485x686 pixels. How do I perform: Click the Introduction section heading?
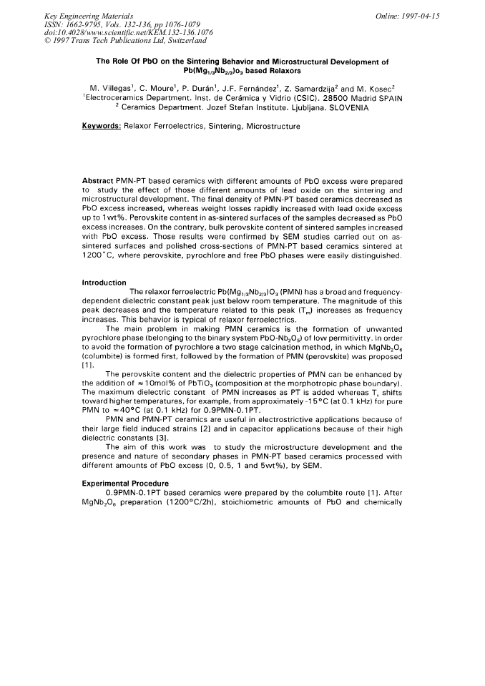[x=104, y=282]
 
